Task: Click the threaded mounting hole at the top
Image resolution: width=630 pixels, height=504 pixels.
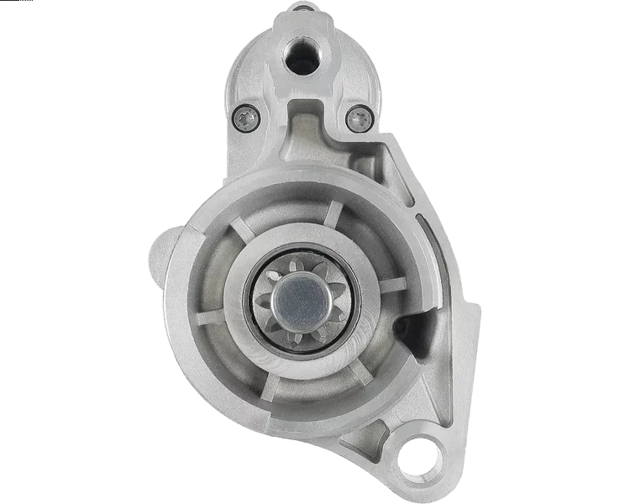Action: click(300, 55)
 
